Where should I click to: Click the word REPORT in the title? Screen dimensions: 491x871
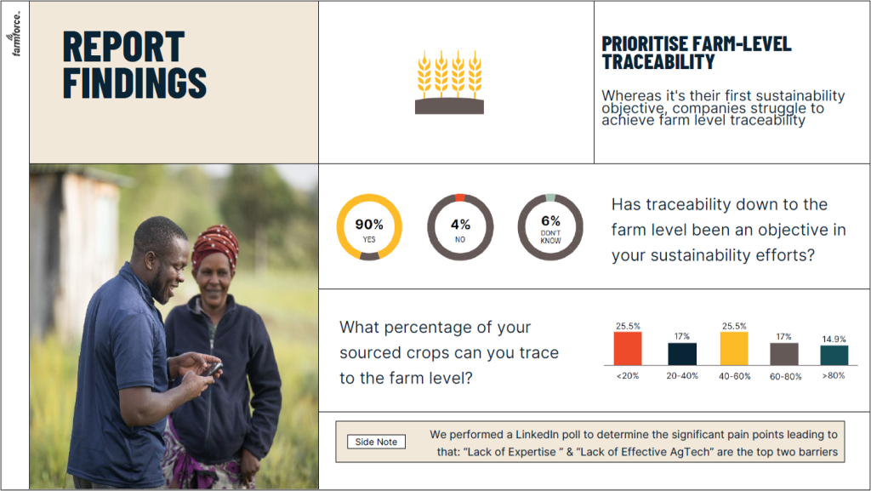123,47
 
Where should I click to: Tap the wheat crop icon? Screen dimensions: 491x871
449,82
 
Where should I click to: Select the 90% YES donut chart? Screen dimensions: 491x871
369,226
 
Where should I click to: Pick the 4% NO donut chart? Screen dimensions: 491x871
459,226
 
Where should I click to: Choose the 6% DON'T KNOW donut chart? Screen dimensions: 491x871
550,226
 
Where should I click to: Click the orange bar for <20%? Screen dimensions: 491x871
628,348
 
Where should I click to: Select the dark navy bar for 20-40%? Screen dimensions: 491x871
681,354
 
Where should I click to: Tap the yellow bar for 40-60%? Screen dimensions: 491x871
733,348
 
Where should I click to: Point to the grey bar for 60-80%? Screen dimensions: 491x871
784,354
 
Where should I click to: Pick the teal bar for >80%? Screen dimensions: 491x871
834,356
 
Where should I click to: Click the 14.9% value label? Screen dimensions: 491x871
834,338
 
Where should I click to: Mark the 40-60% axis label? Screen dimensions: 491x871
733,375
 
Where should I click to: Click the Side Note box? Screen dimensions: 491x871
376,442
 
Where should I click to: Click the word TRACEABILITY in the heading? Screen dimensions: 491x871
658,62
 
